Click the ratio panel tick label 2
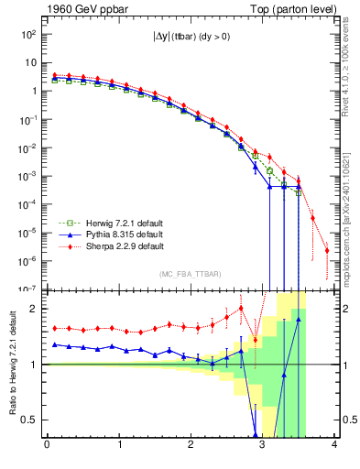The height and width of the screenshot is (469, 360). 33,309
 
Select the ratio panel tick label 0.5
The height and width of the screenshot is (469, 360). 29,420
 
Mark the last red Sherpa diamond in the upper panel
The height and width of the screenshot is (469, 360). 327,250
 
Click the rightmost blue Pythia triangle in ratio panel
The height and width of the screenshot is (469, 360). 299,320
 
